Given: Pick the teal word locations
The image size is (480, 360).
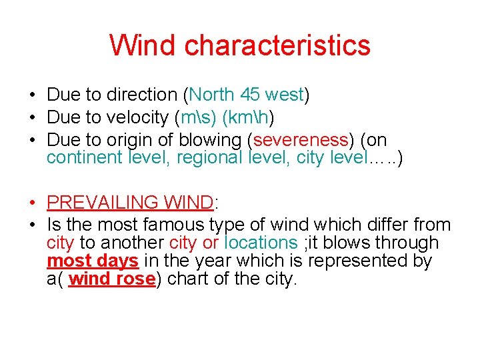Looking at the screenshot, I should click(x=261, y=243).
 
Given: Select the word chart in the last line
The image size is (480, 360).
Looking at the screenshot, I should click(x=187, y=279).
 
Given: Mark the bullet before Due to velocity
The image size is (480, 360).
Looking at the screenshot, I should click(x=32, y=117).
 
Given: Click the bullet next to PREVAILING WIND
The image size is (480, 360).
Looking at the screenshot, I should click(x=32, y=203).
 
